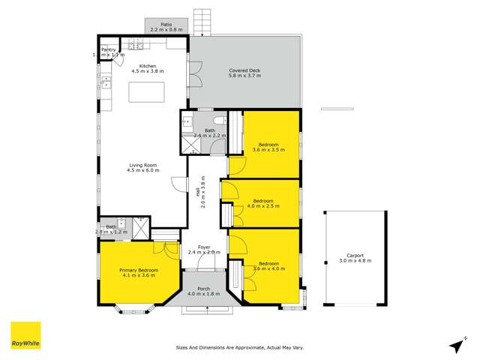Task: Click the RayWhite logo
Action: point(25,335)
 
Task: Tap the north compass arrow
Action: point(456,344)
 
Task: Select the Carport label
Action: point(355,256)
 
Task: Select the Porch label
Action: point(203,289)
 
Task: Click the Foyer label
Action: point(203,247)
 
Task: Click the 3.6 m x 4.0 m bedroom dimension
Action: point(268,269)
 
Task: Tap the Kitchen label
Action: point(147,66)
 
